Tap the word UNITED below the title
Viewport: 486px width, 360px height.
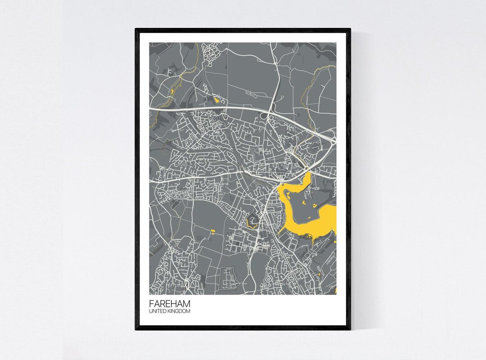click(158, 311)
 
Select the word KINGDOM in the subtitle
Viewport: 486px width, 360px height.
click(180, 311)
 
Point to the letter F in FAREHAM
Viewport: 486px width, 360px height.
click(151, 304)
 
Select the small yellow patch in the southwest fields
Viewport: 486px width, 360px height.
click(213, 232)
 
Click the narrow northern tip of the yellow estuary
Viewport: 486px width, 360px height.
click(309, 176)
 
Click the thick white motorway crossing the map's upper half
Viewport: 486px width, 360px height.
click(216, 109)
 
